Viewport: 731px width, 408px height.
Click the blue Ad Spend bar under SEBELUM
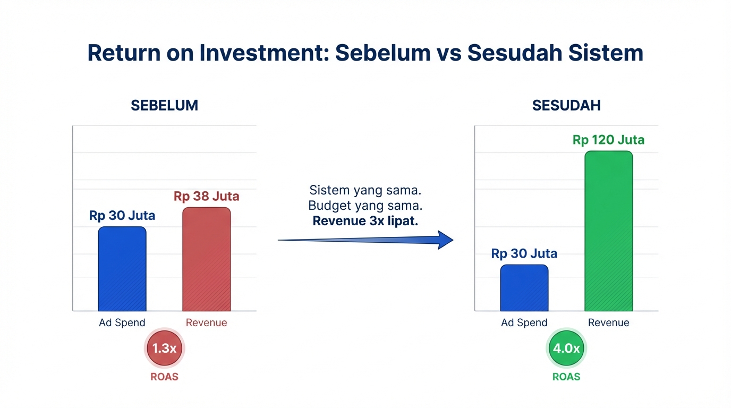click(x=122, y=269)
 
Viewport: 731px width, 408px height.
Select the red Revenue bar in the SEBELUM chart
click(x=206, y=259)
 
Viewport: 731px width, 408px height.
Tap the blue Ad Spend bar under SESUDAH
click(x=524, y=287)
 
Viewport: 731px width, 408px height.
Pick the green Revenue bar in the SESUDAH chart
click(x=608, y=231)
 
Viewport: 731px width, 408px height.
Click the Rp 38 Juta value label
click(x=206, y=197)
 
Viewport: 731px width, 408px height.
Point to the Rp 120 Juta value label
click(x=608, y=140)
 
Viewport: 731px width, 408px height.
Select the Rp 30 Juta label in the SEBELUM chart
click(x=122, y=216)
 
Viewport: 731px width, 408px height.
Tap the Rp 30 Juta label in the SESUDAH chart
click(x=524, y=254)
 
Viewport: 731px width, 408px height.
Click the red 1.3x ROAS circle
click(x=164, y=348)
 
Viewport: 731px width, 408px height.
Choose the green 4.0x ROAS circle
click(x=566, y=348)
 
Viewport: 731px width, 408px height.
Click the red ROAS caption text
click(x=164, y=377)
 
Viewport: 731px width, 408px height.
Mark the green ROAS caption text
click(x=566, y=377)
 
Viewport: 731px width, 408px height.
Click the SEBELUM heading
click(x=164, y=105)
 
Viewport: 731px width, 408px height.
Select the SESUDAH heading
click(x=566, y=105)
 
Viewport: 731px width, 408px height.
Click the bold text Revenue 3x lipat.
click(x=365, y=221)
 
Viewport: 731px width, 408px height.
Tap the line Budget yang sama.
click(x=365, y=206)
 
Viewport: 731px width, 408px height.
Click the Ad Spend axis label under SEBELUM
click(x=122, y=322)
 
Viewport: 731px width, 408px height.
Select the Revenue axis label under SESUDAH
click(x=608, y=322)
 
